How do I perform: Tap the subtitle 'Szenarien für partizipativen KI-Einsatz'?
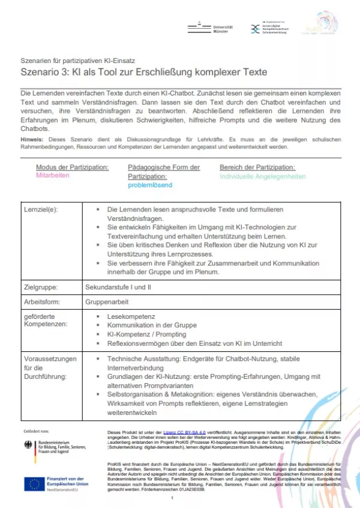(76, 61)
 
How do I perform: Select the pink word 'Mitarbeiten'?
(53, 175)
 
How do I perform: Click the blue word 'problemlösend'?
(150, 185)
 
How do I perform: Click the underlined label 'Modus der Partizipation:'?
(73, 167)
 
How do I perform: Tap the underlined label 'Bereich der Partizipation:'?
(257, 167)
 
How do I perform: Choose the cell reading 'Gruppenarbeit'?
(107, 301)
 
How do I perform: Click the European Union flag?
(32, 483)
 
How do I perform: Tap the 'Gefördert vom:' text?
(37, 431)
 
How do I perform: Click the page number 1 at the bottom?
(172, 498)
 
